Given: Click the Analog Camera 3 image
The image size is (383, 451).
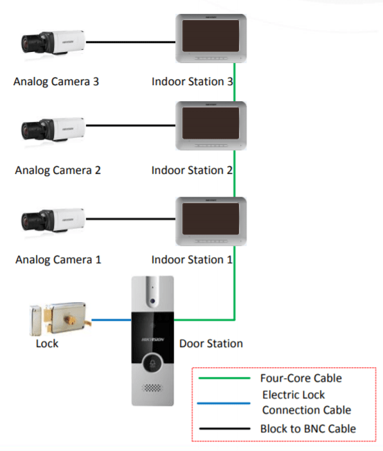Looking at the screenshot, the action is click(x=53, y=42).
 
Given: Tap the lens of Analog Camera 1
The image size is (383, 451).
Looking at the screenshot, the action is click(x=26, y=222).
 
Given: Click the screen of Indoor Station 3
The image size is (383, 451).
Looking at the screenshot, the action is click(x=211, y=35).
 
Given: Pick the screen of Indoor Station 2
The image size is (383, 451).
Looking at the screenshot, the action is click(x=211, y=123).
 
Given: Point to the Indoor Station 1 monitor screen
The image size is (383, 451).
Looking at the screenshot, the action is click(x=211, y=219).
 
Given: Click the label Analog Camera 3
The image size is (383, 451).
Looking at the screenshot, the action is click(x=56, y=82).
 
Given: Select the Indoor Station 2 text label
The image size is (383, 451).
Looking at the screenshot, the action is click(x=192, y=170).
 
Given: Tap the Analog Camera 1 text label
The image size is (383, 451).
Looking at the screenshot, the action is click(x=58, y=260).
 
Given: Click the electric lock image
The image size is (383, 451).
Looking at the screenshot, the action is click(x=60, y=319).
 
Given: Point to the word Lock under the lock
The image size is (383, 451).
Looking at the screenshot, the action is click(x=47, y=344).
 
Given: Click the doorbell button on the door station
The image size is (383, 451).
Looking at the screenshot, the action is click(x=152, y=364).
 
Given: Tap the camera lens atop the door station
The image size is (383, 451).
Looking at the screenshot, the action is click(x=152, y=301).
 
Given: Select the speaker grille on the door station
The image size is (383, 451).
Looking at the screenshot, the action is click(x=152, y=388).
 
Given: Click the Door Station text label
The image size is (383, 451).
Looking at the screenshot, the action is click(x=211, y=344).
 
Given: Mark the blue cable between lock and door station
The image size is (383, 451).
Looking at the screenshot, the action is click(x=112, y=320).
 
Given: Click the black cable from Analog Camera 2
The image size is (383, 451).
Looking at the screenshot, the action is click(x=131, y=125).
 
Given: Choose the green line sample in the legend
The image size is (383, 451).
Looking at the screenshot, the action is click(x=224, y=378).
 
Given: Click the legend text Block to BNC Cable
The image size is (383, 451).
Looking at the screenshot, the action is click(x=308, y=429).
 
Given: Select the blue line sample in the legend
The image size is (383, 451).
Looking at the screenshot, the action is click(x=224, y=403).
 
